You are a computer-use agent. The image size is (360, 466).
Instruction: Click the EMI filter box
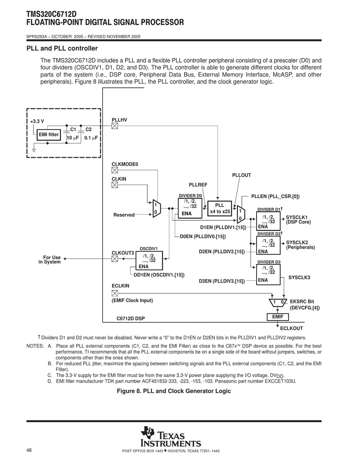(49, 135)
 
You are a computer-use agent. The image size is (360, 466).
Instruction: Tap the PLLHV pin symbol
(115, 126)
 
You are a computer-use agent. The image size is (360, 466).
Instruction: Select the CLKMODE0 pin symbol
(115, 170)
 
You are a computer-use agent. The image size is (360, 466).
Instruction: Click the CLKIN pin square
(115, 185)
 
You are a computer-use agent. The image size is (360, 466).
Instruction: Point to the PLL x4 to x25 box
(220, 209)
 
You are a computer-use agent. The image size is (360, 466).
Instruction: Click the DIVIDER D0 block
(190, 209)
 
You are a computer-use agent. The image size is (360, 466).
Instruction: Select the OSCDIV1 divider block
(149, 260)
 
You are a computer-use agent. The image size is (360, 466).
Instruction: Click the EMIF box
(278, 317)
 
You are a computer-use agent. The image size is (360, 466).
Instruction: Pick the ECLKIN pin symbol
(115, 293)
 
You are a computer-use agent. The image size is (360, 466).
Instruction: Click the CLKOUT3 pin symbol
(115, 259)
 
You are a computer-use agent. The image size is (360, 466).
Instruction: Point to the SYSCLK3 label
(299, 278)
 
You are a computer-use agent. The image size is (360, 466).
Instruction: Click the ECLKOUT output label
(291, 328)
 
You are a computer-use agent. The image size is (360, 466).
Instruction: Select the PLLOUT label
(241, 175)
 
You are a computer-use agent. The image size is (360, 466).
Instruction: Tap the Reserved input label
(124, 215)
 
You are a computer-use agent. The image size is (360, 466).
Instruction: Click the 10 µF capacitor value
(73, 138)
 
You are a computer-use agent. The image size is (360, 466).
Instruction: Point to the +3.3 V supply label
(37, 121)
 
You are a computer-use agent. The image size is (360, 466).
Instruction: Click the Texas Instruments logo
(171, 437)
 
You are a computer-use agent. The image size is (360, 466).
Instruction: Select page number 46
(29, 450)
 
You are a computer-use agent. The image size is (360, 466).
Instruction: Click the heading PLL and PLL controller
(62, 49)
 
